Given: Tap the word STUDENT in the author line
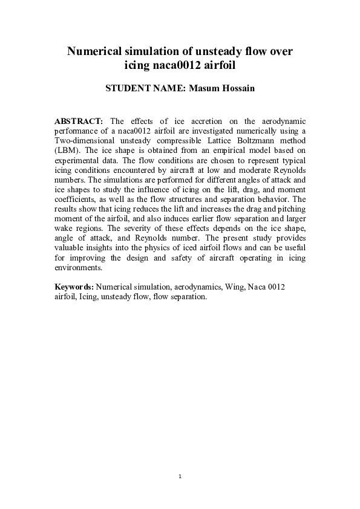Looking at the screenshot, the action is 128,88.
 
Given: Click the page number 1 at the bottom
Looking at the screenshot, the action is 180,478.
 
